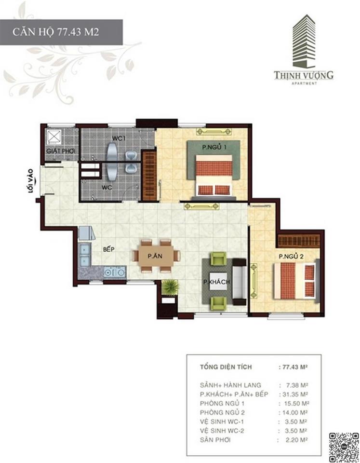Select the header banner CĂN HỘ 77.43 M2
(61, 32)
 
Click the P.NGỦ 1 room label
(214, 146)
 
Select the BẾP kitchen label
(107, 250)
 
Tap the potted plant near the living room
(170, 287)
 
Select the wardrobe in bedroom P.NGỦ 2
(299, 240)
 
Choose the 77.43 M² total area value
(293, 368)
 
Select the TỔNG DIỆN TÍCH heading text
(226, 368)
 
